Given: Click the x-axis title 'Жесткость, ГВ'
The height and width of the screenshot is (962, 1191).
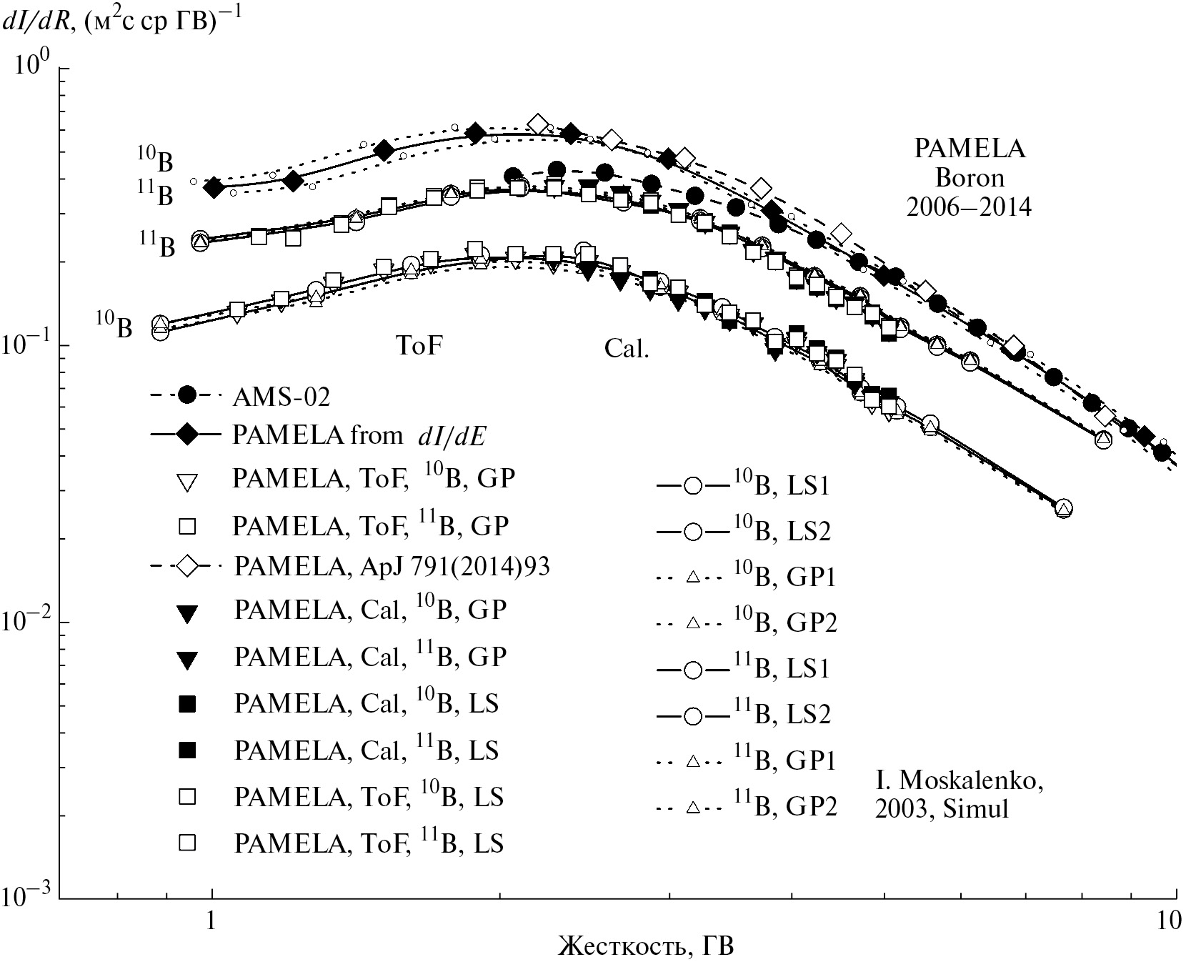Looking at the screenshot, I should pos(646,946).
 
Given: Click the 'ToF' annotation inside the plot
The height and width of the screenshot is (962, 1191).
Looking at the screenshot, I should pos(419,346).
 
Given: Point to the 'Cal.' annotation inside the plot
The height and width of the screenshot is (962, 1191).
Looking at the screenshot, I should pos(627,348).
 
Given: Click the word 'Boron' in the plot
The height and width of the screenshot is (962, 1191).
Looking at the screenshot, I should pos(970,177).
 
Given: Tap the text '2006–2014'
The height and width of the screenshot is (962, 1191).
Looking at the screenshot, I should pos(969,207).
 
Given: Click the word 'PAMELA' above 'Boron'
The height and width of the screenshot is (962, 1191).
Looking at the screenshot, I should pos(970,149).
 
